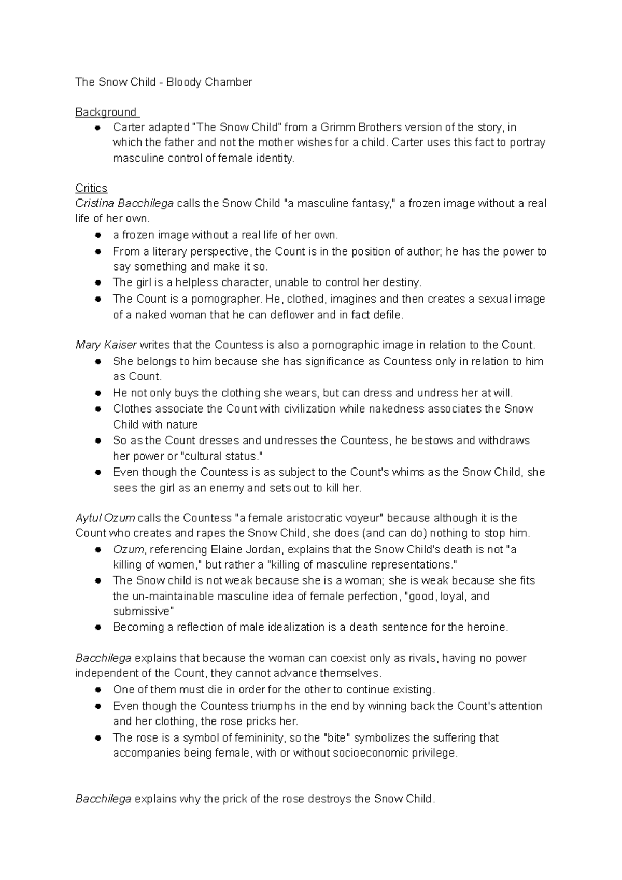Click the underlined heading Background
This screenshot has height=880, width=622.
pos(106,112)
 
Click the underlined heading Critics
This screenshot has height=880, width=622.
pos(91,188)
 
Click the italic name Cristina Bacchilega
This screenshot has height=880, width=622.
pos(124,204)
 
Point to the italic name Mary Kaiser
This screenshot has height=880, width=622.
pos(106,345)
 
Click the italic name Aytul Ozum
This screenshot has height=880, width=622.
pos(105,518)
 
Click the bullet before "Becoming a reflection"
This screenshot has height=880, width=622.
pos(97,628)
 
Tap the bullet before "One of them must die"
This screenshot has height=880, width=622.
pos(97,690)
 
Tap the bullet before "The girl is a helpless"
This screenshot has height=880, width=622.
pos(97,283)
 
